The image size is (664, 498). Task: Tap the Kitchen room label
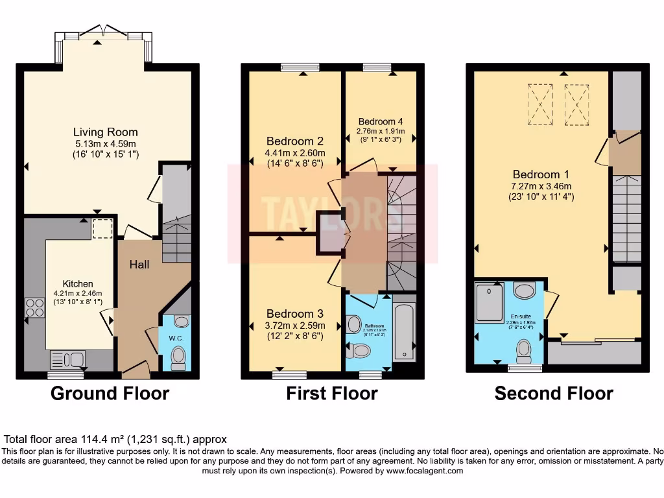(x=78, y=283)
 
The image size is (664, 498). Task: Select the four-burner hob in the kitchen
(x=34, y=307)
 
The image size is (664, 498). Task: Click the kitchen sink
(x=67, y=359)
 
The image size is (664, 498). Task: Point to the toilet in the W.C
(x=178, y=356)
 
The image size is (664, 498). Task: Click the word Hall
(x=139, y=265)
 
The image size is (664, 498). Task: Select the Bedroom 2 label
(x=294, y=141)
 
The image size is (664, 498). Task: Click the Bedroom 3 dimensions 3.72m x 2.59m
(x=295, y=325)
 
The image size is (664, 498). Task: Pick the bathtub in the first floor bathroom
(x=404, y=327)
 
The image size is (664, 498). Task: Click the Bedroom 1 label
(x=540, y=174)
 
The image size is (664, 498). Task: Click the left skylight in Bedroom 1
(x=539, y=104)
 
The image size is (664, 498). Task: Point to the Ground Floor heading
(x=110, y=393)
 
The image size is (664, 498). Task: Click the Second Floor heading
(x=554, y=393)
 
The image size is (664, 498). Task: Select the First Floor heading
(x=332, y=393)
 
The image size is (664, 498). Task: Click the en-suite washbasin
(x=523, y=289)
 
